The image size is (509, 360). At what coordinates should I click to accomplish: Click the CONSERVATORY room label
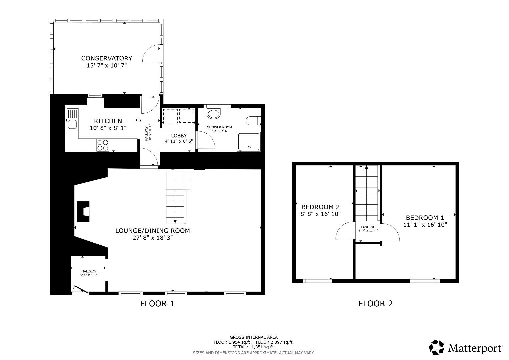(107, 58)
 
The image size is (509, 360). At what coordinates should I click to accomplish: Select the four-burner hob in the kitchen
(103, 145)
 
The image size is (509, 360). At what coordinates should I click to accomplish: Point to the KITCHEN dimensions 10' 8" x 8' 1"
(108, 128)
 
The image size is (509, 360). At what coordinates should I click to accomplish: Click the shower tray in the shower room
(248, 141)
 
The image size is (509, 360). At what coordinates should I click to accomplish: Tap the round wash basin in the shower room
(214, 114)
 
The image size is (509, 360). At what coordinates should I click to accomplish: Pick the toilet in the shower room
(254, 121)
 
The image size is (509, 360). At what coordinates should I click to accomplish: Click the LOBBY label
(179, 136)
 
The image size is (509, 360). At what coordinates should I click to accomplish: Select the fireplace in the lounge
(83, 212)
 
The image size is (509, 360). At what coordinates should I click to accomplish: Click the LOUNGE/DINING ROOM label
(152, 231)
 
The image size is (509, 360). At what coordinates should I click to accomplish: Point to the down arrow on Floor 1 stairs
(175, 220)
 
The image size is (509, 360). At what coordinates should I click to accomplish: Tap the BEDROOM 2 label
(320, 207)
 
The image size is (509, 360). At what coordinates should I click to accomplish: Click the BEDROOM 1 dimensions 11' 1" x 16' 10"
(425, 225)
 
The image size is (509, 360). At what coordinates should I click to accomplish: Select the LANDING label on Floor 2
(368, 227)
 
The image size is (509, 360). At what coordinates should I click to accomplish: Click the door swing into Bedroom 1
(391, 232)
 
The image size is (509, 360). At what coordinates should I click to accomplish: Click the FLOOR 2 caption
(376, 304)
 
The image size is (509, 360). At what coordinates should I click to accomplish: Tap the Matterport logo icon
(437, 347)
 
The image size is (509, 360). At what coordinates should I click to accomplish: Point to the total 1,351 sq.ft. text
(254, 347)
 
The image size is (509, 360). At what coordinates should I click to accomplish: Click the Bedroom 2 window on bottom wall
(317, 281)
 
